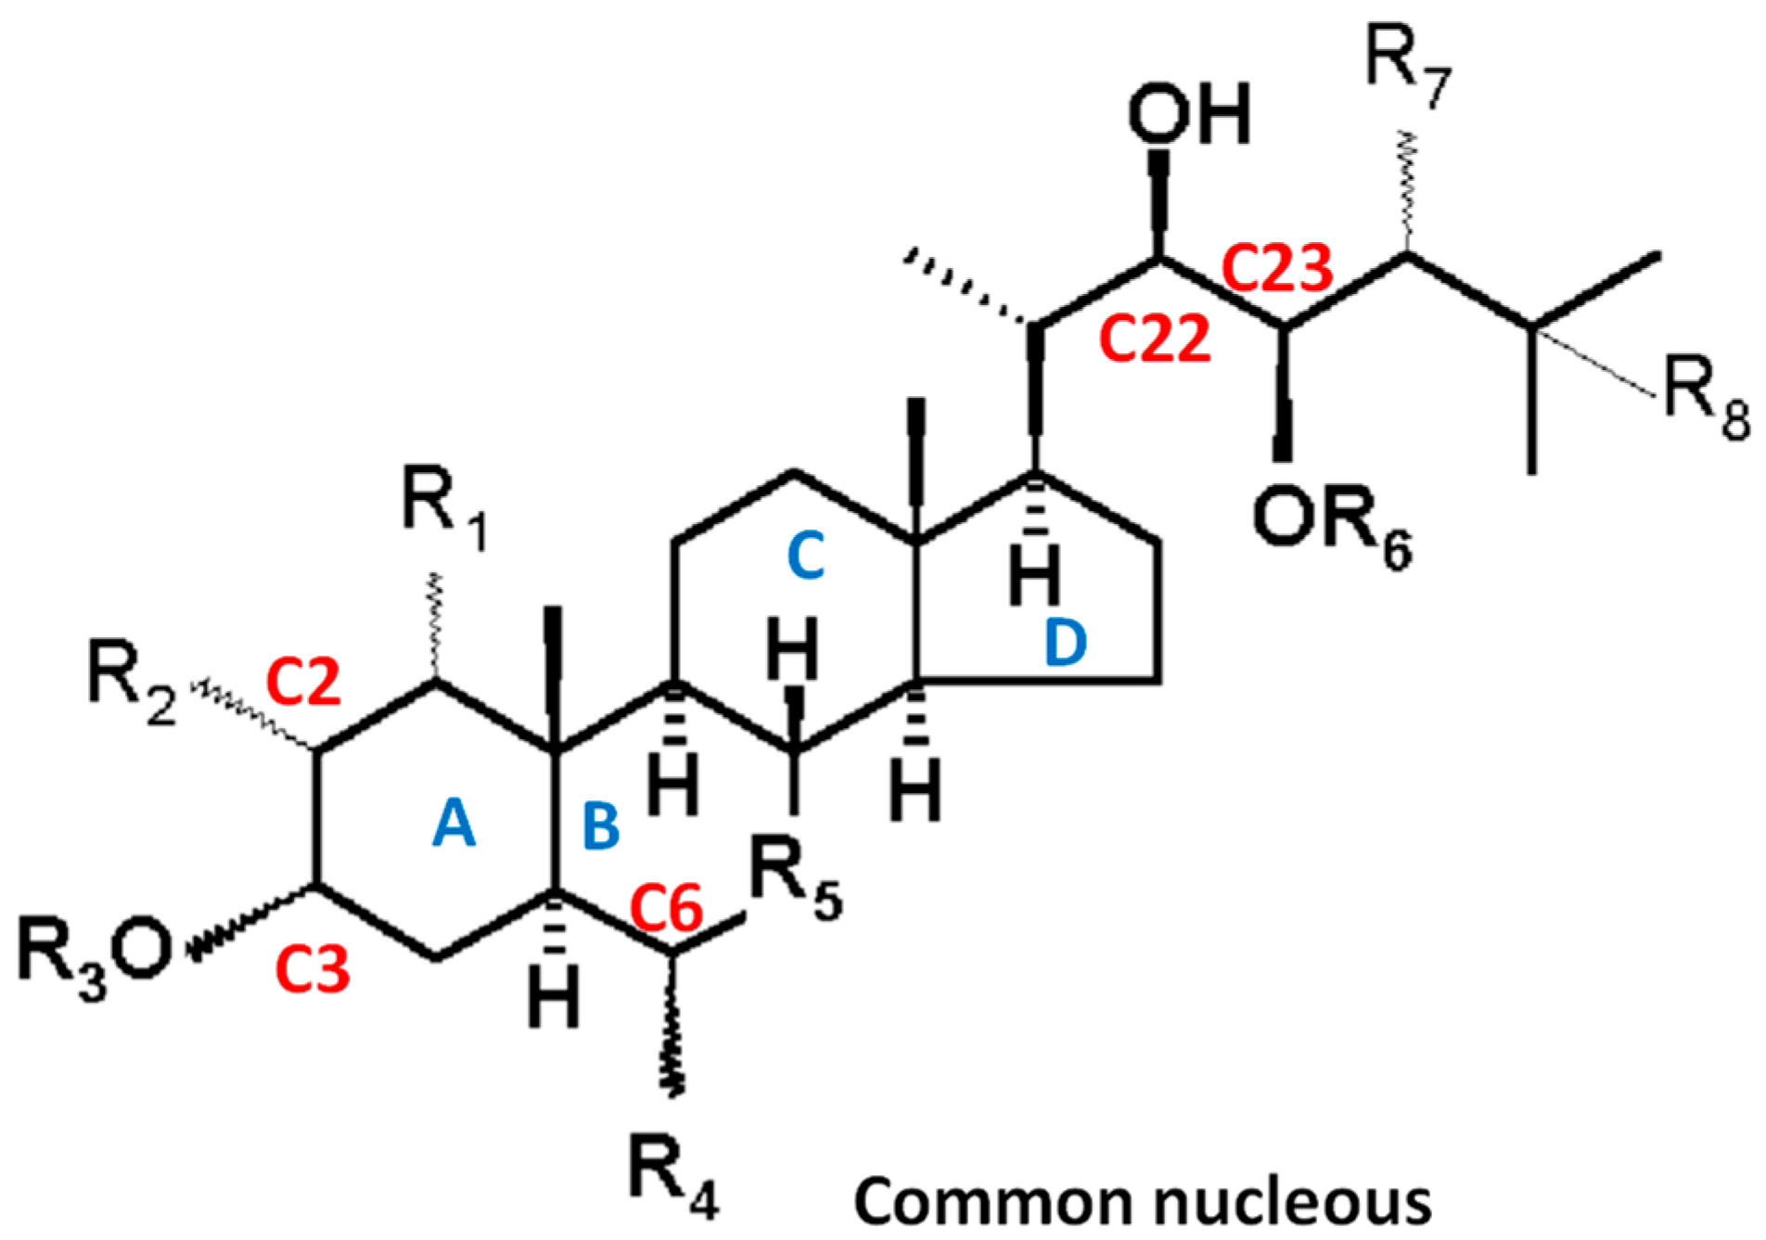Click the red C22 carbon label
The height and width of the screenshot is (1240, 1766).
click(x=1155, y=338)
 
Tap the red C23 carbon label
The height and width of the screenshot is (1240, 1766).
click(x=1278, y=268)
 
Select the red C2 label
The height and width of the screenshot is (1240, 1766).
click(x=303, y=682)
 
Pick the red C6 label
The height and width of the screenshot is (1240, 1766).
click(x=667, y=908)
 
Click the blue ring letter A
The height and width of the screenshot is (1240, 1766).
click(x=454, y=824)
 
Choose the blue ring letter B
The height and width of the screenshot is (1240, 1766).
click(x=601, y=826)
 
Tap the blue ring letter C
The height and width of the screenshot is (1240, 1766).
click(x=805, y=557)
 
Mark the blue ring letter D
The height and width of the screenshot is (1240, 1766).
click(x=1065, y=643)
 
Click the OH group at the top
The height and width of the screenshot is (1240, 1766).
click(x=1189, y=114)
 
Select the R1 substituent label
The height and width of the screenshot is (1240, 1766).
click(x=443, y=505)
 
